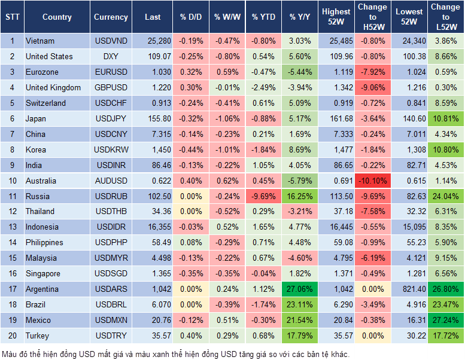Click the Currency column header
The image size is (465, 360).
111,17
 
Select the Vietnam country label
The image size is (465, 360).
40,41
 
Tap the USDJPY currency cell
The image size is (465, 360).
111,118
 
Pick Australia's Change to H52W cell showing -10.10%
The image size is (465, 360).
372,181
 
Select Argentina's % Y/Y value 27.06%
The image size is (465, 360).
300,289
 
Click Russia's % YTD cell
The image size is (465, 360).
263,196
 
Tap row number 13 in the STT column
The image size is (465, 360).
11,227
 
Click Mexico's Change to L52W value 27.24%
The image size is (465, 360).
446,320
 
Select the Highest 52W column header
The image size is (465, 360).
336,17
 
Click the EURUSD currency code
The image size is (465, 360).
111,72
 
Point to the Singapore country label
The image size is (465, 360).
43,273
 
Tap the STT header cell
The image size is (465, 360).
11,17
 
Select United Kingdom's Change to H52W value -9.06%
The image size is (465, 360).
372,88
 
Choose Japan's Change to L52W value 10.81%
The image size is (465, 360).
446,118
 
